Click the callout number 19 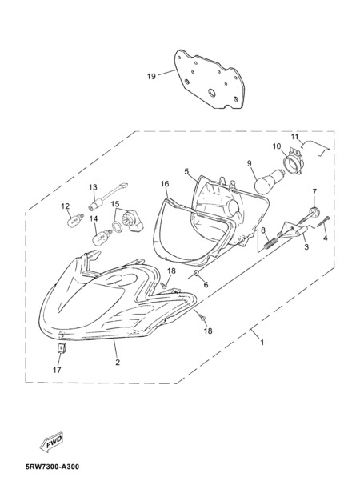tap(151, 76)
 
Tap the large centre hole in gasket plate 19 tap(211, 93)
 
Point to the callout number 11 tap(294, 137)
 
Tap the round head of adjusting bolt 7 tap(314, 210)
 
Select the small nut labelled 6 tap(196, 273)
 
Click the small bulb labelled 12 tap(76, 220)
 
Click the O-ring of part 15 tap(117, 226)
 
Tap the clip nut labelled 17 tap(62, 348)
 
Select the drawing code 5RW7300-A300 tap(52, 467)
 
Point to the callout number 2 tap(118, 362)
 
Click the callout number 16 tap(165, 184)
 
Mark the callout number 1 tap(262, 343)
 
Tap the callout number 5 tap(186, 171)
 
